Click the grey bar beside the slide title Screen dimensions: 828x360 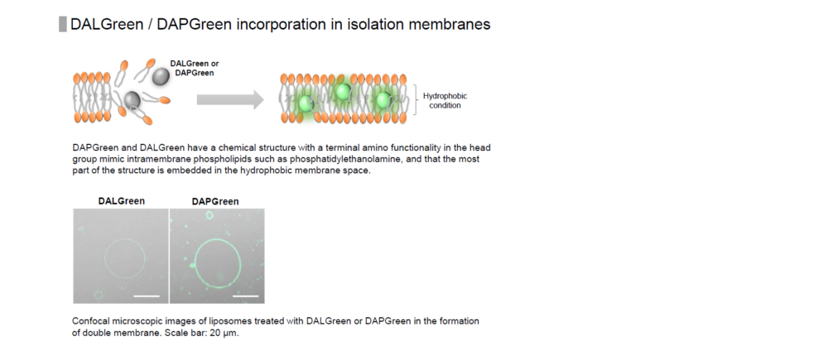[x=62, y=24]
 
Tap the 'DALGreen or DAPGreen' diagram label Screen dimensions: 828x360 [x=195, y=68]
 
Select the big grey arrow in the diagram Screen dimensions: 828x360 [x=230, y=100]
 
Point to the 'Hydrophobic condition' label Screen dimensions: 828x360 [x=445, y=101]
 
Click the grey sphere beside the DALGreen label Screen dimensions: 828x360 [x=161, y=77]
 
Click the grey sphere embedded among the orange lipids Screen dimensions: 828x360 [x=132, y=98]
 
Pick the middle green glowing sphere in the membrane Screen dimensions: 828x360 [x=342, y=92]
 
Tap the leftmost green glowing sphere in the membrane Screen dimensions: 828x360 [x=306, y=103]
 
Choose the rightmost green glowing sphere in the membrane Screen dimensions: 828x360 [x=383, y=100]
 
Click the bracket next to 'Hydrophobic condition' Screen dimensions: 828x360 [x=416, y=100]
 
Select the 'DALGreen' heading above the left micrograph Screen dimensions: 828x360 [x=122, y=201]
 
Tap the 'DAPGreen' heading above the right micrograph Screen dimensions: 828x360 [x=215, y=201]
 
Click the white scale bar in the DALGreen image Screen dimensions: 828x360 [x=147, y=296]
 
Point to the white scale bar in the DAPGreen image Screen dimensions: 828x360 [x=246, y=296]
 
